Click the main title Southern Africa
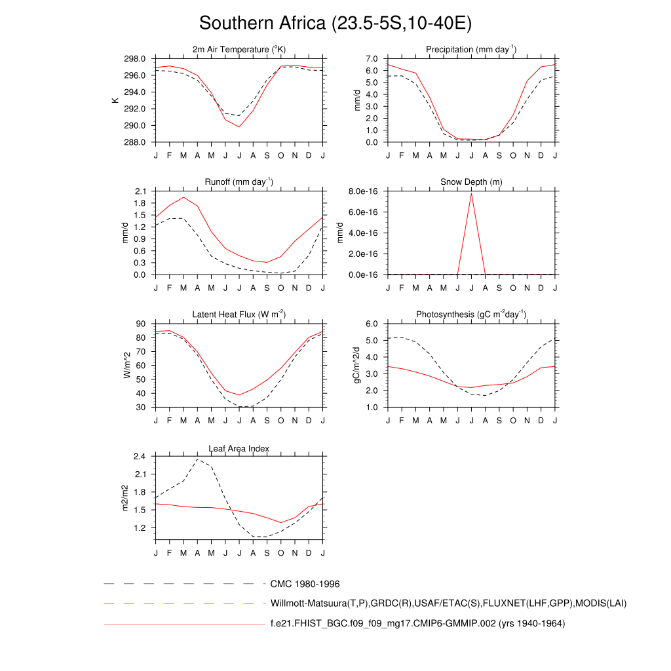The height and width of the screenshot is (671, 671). pyautogui.click(x=335, y=24)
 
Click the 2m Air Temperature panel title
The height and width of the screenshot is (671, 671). pyautogui.click(x=239, y=49)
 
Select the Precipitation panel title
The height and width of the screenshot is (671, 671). pyautogui.click(x=471, y=49)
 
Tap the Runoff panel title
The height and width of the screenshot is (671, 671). pyautogui.click(x=239, y=182)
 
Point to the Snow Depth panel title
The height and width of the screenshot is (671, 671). pyautogui.click(x=471, y=182)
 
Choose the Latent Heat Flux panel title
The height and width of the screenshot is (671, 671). pyautogui.click(x=239, y=315)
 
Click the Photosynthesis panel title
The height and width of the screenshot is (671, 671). pyautogui.click(x=471, y=315)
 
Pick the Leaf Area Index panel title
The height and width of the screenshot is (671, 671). pyautogui.click(x=239, y=448)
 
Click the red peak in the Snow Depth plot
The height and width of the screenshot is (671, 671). pyautogui.click(x=471, y=193)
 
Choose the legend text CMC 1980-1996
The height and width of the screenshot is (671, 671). pyautogui.click(x=305, y=584)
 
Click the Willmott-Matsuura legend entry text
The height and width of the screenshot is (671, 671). pyautogui.click(x=448, y=603)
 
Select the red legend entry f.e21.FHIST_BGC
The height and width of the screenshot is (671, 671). pyautogui.click(x=417, y=623)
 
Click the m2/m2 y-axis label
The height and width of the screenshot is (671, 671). pyautogui.click(x=125, y=497)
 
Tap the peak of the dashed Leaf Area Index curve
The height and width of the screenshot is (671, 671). pyautogui.click(x=197, y=459)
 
